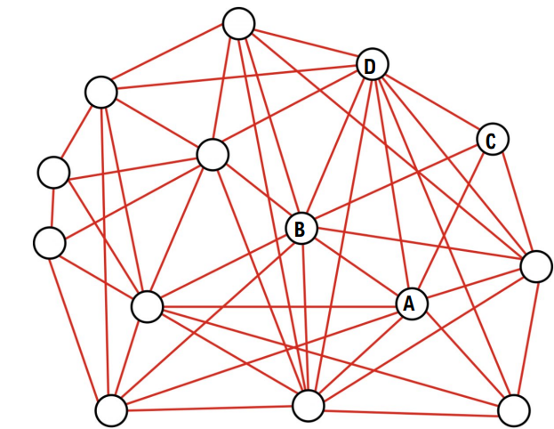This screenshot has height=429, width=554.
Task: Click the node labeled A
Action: coord(410,304)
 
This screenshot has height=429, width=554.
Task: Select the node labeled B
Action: coord(301,229)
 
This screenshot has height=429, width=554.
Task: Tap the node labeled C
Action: coord(492,140)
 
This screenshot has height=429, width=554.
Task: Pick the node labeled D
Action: coord(372,65)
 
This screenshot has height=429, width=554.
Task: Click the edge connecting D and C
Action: coord(431,102)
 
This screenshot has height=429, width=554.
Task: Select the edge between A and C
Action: coord(451,222)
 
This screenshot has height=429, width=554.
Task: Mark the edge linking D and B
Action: coord(336,147)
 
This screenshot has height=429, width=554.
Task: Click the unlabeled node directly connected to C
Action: coord(536,266)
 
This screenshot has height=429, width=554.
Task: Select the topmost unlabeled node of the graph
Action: coord(238,23)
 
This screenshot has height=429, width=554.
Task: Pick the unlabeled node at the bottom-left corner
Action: coord(111,410)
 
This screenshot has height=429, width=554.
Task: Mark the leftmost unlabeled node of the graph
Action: coord(49,242)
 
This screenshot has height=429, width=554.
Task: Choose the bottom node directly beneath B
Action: coord(309,405)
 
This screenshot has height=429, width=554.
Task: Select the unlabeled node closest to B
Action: coord(213,154)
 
